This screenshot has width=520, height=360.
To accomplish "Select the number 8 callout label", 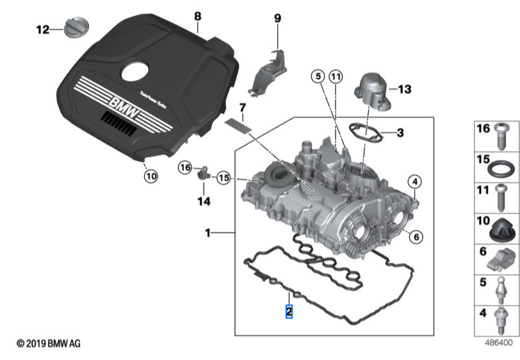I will point(197,15).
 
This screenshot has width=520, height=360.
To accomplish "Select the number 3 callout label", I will point(400,133).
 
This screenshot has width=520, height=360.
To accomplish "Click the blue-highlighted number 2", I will point(289,312).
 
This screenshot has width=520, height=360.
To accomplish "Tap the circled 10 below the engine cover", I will point(150,175).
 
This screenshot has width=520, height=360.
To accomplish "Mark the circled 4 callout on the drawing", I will point(415,182).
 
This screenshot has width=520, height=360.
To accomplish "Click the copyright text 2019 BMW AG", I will point(49,344).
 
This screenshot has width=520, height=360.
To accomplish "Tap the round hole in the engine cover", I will point(135,72).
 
